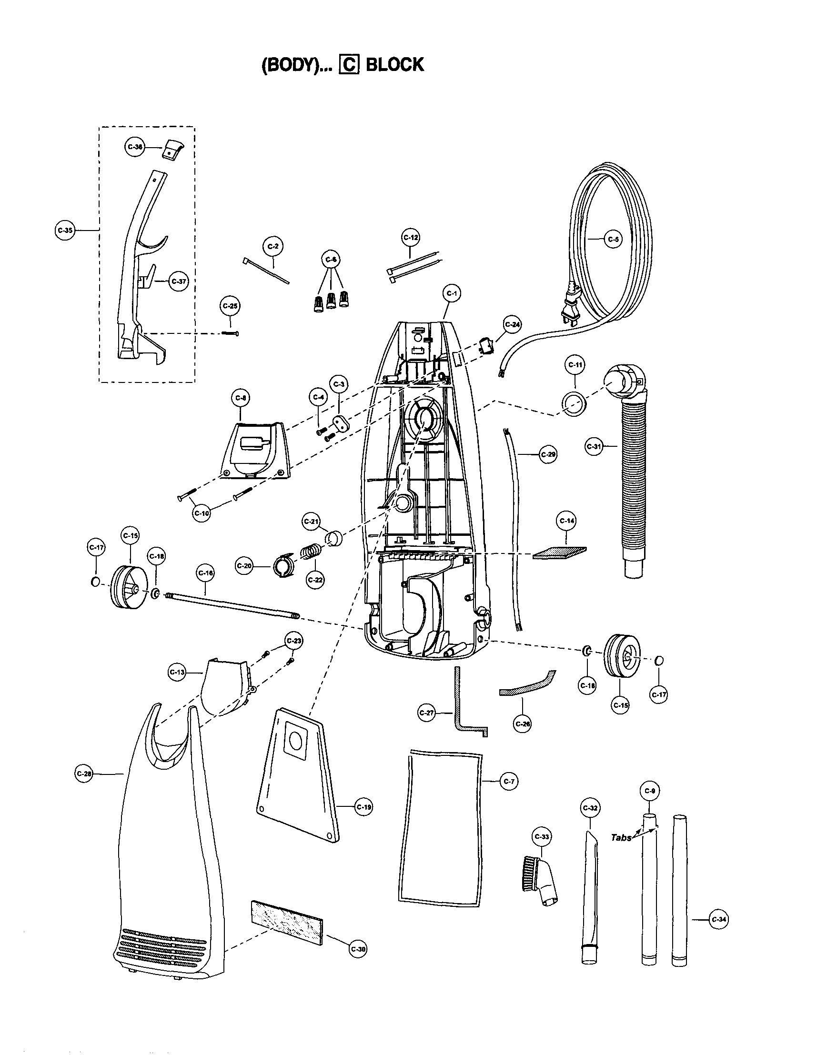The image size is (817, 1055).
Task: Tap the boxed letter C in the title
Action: click(x=349, y=65)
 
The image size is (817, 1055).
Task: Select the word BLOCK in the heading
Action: click(x=395, y=65)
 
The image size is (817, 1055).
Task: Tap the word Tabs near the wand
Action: click(x=621, y=838)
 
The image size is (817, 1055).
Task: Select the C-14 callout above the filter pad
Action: click(x=567, y=521)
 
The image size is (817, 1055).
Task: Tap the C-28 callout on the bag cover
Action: click(x=84, y=774)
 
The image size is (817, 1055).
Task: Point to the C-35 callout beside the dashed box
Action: click(x=65, y=231)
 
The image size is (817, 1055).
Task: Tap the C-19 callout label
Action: click(x=363, y=807)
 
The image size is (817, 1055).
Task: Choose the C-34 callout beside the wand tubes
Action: click(x=718, y=919)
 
